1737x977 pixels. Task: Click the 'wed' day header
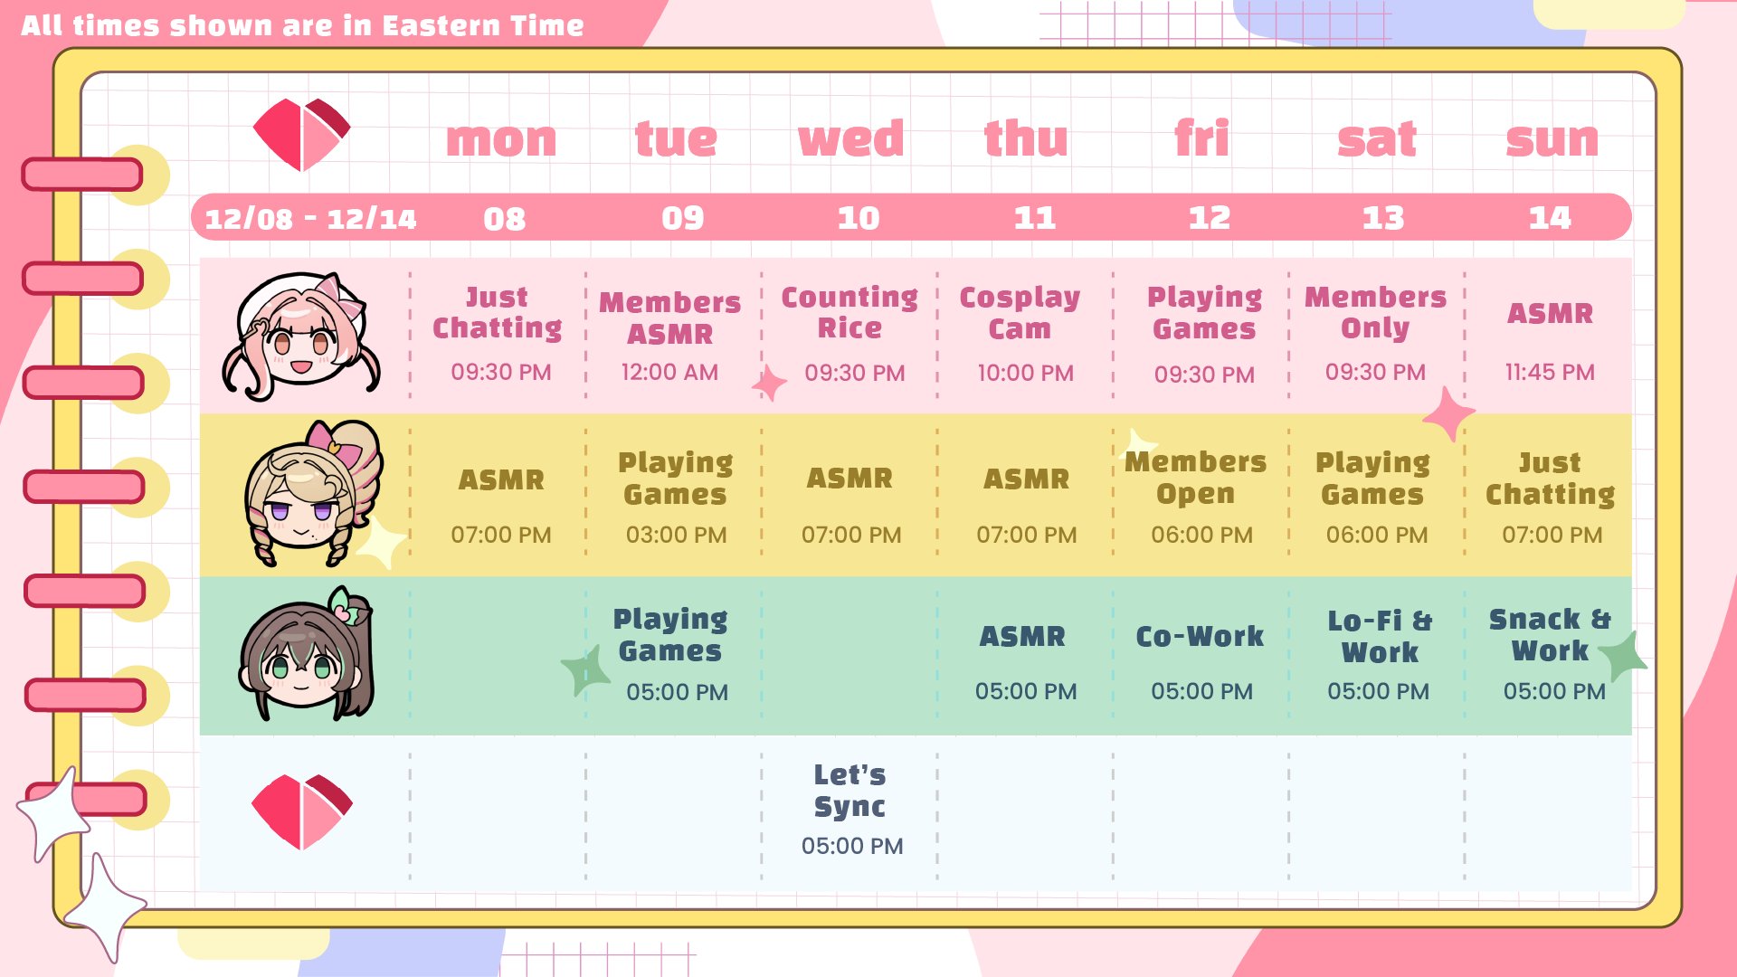[x=850, y=139]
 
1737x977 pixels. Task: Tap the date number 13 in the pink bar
[x=1383, y=218]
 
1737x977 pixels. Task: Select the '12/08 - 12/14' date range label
[x=310, y=219]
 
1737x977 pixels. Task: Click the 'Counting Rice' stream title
[x=850, y=312]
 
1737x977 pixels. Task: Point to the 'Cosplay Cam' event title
[x=1020, y=313]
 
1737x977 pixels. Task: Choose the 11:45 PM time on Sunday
[x=1550, y=372]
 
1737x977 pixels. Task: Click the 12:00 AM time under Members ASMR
[x=669, y=372]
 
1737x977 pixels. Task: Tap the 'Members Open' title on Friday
[x=1195, y=478]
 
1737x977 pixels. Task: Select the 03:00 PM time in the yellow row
[x=676, y=535]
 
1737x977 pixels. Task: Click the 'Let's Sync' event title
[x=850, y=791]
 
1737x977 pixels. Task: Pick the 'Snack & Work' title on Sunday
[x=1550, y=635]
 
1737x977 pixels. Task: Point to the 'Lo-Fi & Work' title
[x=1380, y=637]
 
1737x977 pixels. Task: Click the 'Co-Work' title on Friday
[x=1200, y=637]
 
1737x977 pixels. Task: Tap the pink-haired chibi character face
[x=301, y=337]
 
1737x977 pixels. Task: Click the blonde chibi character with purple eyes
[x=312, y=494]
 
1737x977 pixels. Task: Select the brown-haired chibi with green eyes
[x=305, y=654]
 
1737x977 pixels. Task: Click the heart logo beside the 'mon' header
[x=301, y=135]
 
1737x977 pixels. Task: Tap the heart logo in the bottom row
[x=301, y=811]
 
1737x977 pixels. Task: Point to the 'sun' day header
[x=1552, y=140]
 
